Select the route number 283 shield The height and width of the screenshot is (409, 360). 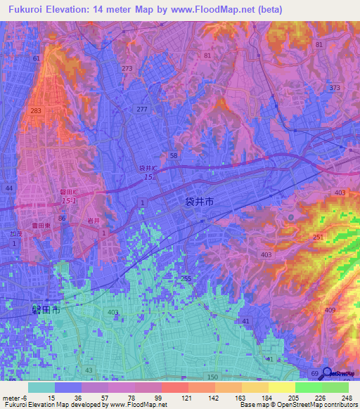pos(37,111)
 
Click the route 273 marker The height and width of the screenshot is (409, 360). pos(127,69)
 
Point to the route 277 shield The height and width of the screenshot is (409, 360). pos(142,109)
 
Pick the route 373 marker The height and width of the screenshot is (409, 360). pos(334,88)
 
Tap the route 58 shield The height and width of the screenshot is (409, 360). pos(173,155)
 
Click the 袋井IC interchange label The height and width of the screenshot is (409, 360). pos(148,169)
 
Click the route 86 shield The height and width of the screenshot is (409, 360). pos(63,219)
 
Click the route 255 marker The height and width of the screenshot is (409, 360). pos(186,278)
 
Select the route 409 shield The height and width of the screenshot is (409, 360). pos(330,311)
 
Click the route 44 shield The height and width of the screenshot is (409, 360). pos(9,189)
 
